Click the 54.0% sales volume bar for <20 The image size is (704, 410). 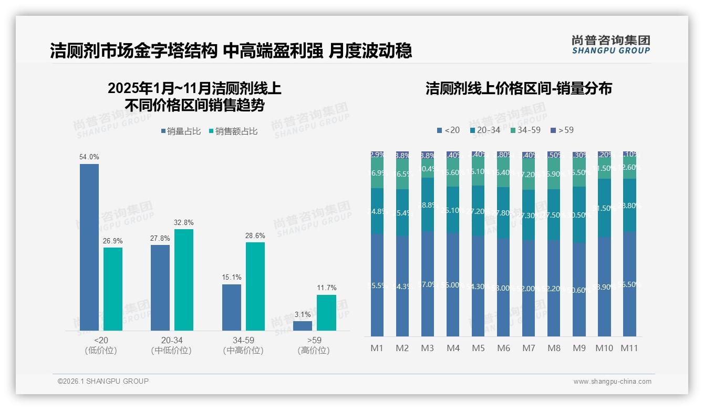pyautogui.click(x=89, y=247)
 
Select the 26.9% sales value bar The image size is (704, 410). pyautogui.click(x=113, y=289)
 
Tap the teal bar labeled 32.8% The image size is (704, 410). pyautogui.click(x=184, y=280)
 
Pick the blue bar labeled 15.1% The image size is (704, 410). pyautogui.click(x=232, y=307)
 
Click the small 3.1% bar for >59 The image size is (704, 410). pyautogui.click(x=303, y=326)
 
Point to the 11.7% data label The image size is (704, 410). pyautogui.click(x=327, y=288)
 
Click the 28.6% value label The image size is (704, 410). pyautogui.click(x=255, y=235)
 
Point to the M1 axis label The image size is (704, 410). pyautogui.click(x=377, y=348)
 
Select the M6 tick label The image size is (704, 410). pyautogui.click(x=503, y=348)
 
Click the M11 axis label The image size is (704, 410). pyautogui.click(x=629, y=348)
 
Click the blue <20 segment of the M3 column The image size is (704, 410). pyautogui.click(x=428, y=284)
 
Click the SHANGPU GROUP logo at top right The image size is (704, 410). pyautogui.click(x=610, y=45)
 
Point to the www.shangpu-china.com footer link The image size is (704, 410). pyautogui.click(x=612, y=382)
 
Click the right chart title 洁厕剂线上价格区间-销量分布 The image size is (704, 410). pyautogui.click(x=519, y=88)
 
